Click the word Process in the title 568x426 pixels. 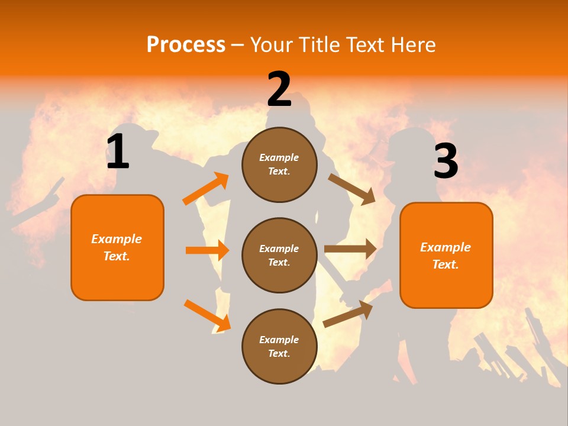[186, 45]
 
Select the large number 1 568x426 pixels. [118, 152]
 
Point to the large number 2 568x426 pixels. [279, 89]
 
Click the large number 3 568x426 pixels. [446, 162]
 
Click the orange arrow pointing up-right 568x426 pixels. [206, 189]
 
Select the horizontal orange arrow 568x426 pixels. [206, 250]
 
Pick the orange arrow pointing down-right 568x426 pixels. [207, 315]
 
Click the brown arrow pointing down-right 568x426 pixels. [352, 189]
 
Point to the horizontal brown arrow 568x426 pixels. [350, 249]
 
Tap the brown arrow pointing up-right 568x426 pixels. [348, 314]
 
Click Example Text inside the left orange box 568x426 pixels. [117, 247]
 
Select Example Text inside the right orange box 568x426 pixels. [446, 256]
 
